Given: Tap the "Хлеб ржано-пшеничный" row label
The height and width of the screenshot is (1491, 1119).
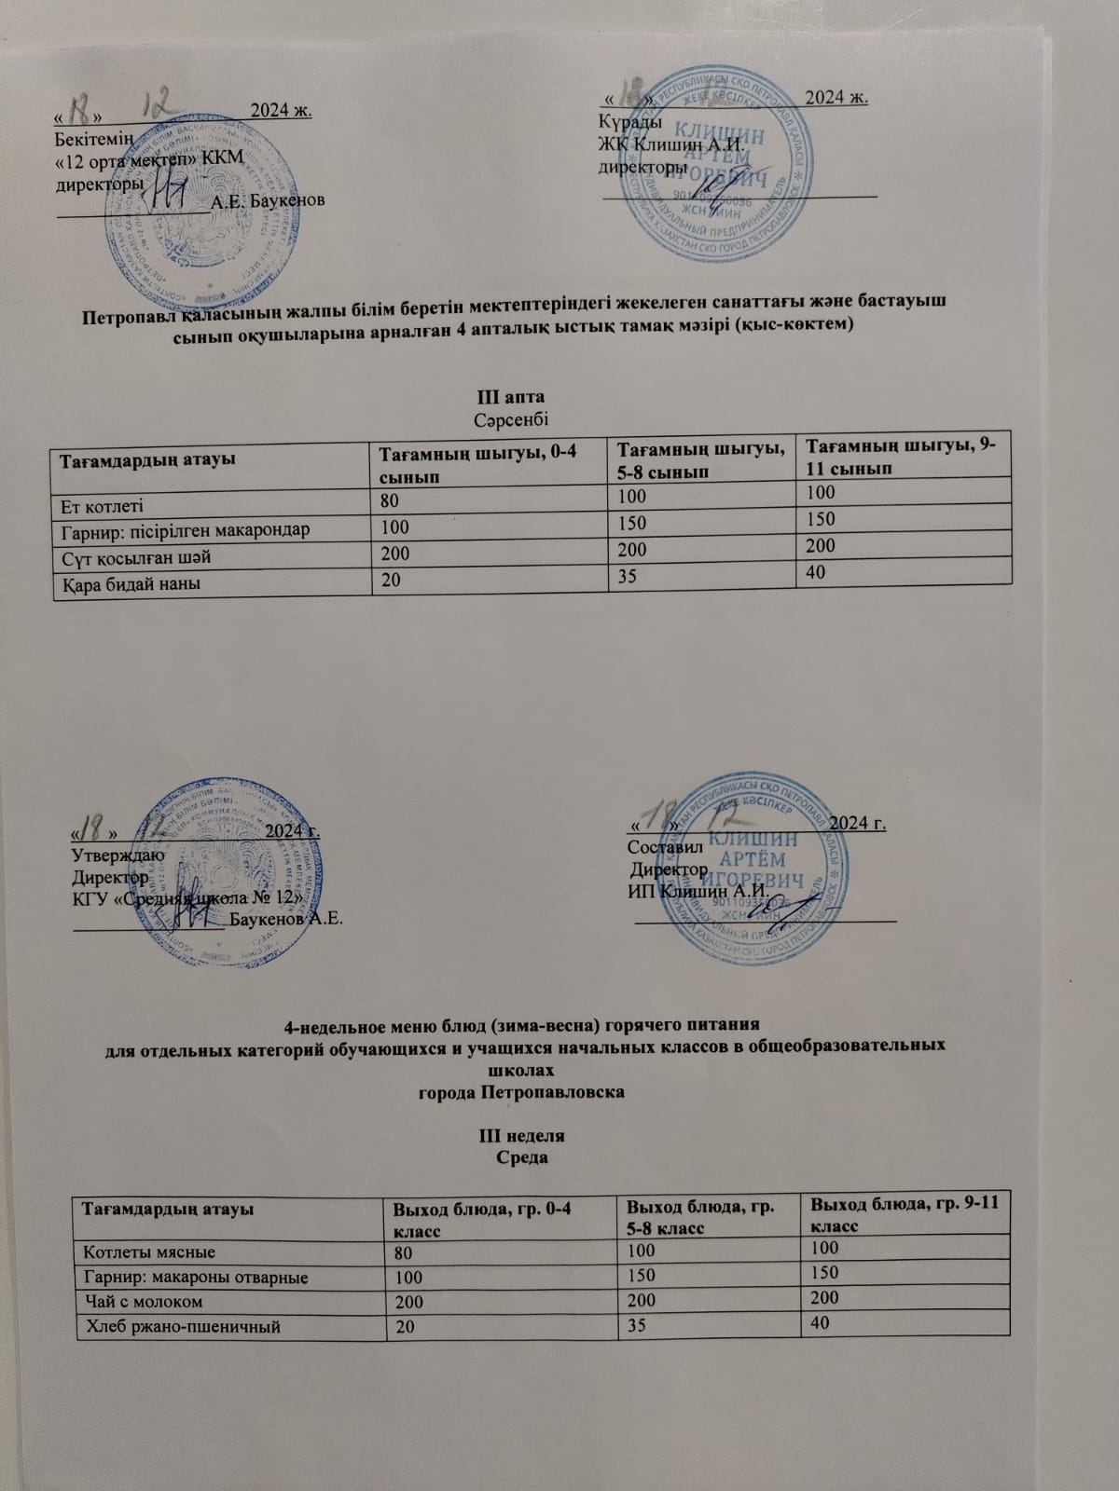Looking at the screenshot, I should coord(184,1326).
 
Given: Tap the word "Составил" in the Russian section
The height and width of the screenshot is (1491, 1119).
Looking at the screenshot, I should coord(660,847).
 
